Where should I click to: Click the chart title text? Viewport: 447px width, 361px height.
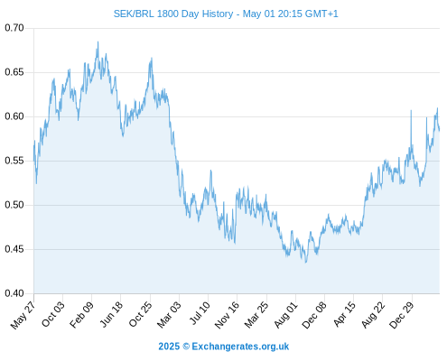[x=226, y=14]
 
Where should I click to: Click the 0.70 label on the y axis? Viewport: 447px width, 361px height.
[x=14, y=28]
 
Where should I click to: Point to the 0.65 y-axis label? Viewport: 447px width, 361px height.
[x=14, y=72]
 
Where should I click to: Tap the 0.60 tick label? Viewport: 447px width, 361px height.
[x=14, y=116]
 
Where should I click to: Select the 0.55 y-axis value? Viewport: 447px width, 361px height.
[x=14, y=161]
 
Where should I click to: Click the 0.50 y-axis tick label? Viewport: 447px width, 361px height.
[x=14, y=205]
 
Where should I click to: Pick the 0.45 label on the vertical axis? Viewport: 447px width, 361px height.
[x=14, y=249]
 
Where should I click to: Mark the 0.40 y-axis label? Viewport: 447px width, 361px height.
[x=14, y=293]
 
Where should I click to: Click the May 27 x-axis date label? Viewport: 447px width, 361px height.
[x=23, y=315]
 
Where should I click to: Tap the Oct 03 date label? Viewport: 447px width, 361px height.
[x=53, y=314]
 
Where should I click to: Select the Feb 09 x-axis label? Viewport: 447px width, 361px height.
[x=81, y=315]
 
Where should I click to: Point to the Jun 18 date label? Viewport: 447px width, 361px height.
[x=111, y=314]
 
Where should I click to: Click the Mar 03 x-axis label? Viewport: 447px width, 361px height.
[x=169, y=315]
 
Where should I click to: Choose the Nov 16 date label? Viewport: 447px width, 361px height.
[x=227, y=315]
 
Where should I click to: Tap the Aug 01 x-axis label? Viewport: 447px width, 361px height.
[x=285, y=315]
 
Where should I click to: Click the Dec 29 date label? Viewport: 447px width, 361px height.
[x=402, y=315]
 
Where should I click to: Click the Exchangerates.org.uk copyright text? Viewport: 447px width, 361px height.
[x=224, y=347]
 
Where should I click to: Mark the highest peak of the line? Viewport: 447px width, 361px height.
[x=98, y=42]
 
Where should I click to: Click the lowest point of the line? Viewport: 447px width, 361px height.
[x=306, y=263]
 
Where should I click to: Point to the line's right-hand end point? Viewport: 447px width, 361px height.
[x=440, y=131]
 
